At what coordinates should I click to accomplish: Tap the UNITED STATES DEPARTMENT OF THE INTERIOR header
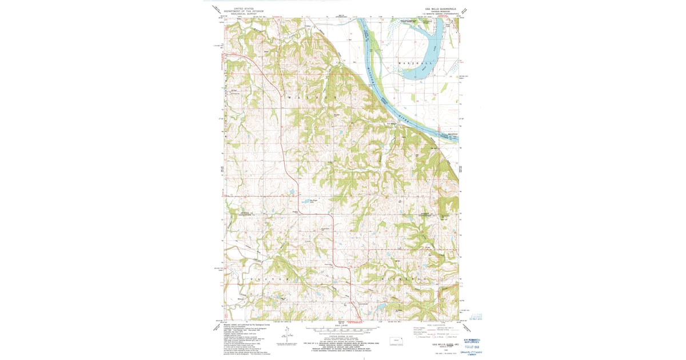[241, 10]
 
